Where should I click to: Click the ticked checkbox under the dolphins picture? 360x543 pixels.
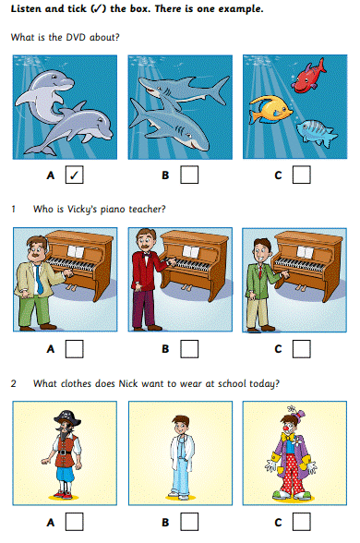click(x=75, y=175)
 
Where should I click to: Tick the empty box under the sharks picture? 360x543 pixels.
click(x=189, y=175)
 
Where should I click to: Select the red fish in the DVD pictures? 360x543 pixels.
click(x=308, y=77)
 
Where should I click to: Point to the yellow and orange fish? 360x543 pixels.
click(x=270, y=109)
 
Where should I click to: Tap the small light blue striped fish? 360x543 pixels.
click(x=316, y=132)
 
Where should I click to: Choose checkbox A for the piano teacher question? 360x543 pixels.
click(x=75, y=349)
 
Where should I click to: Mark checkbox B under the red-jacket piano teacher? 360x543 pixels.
click(x=189, y=349)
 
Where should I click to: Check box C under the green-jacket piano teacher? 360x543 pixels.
click(x=302, y=349)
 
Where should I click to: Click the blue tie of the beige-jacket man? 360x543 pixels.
click(x=39, y=280)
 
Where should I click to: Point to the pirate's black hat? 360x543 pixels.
click(x=67, y=418)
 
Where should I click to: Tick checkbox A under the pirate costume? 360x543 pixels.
click(x=75, y=522)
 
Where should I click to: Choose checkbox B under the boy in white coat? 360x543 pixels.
click(x=189, y=522)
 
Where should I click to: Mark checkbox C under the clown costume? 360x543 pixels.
click(x=302, y=522)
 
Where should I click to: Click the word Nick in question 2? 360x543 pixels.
click(x=128, y=384)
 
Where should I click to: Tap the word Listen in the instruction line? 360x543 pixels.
click(x=26, y=8)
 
